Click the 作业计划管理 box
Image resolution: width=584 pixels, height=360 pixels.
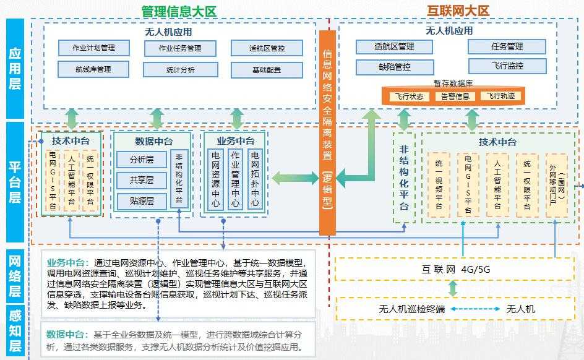tap(86, 48)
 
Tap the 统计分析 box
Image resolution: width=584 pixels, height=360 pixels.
tap(180, 70)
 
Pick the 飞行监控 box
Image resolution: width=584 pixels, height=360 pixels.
tap(507, 66)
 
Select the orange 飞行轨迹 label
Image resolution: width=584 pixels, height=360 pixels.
tap(500, 96)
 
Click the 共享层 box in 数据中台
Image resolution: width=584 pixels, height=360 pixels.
tap(142, 181)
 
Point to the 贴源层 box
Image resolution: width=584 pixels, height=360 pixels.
tap(142, 201)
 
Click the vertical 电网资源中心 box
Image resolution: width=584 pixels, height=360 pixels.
tap(216, 179)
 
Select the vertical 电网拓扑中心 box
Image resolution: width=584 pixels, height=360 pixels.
tap(254, 179)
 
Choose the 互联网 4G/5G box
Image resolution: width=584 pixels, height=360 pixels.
tap(456, 269)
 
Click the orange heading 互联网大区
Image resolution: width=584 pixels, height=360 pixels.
tap(458, 11)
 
